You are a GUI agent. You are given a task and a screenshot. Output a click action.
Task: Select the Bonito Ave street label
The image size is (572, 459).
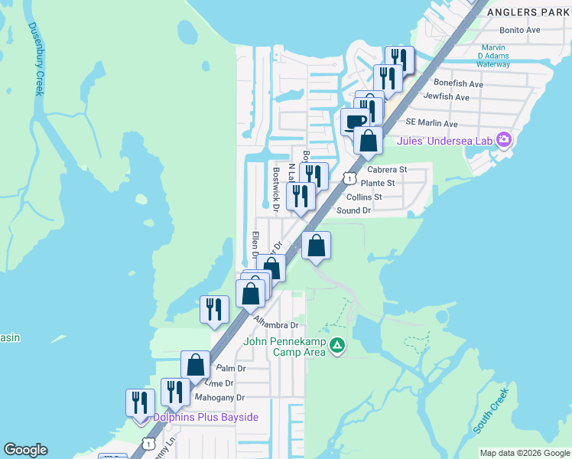[519, 30]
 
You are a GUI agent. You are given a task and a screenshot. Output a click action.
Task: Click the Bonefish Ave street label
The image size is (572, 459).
[458, 83]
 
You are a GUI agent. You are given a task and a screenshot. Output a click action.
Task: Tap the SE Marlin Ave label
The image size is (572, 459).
[431, 122]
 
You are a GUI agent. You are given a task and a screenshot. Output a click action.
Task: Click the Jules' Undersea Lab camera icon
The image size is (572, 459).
[503, 139]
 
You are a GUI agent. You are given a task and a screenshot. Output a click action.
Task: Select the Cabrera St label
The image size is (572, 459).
[387, 169]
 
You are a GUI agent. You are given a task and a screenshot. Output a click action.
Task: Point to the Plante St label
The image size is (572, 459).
[378, 183]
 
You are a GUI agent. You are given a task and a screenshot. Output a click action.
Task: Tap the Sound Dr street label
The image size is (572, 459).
[353, 210]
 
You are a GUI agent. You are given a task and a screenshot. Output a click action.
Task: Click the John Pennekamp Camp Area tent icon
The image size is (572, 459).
[336, 347]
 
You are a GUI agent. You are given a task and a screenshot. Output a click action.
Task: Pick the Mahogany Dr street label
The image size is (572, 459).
[219, 398]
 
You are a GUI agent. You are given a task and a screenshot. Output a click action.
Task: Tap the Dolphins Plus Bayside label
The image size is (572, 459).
[206, 417]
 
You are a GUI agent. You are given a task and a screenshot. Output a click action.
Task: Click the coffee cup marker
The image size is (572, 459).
[355, 121]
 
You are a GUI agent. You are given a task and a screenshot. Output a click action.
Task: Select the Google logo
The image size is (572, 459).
[25, 450]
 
